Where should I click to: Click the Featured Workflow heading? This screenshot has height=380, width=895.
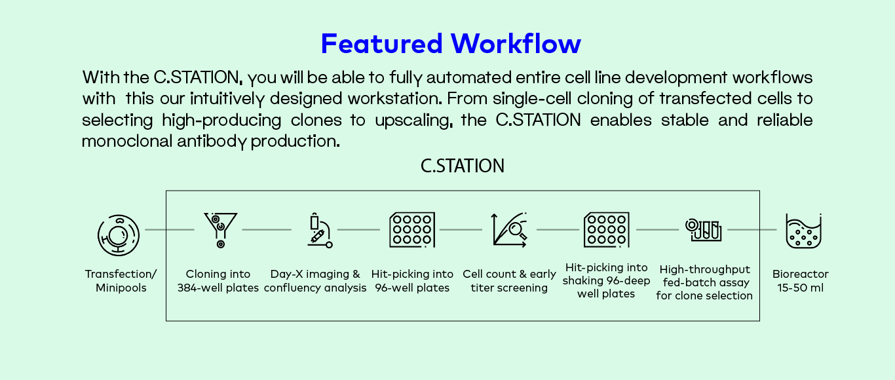[451, 44]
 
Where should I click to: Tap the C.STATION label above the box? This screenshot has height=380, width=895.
[463, 166]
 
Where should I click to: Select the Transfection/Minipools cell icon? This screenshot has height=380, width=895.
[119, 235]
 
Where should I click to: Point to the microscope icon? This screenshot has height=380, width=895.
[319, 231]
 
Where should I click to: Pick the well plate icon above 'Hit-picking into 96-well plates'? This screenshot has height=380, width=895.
[412, 230]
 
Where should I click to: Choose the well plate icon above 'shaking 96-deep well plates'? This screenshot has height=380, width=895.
[606, 230]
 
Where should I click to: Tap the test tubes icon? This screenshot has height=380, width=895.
[704, 229]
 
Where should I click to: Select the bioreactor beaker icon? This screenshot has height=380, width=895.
[803, 231]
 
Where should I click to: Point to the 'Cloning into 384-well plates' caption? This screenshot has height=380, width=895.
[218, 281]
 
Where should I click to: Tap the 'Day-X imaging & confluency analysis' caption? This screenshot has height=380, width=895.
[315, 281]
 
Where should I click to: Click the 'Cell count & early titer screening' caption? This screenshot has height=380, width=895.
[509, 281]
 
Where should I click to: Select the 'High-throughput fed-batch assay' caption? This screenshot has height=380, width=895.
[704, 282]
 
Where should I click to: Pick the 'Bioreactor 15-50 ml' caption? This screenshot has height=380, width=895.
[800, 281]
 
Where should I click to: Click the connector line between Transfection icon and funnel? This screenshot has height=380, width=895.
[169, 230]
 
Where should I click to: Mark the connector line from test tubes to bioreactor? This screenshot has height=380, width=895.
[752, 230]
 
